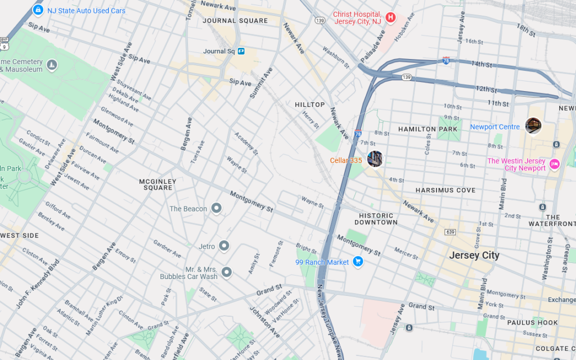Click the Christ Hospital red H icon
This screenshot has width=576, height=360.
click(x=390, y=17)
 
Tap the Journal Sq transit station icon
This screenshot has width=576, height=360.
click(x=241, y=51)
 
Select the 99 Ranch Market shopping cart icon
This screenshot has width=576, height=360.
click(x=358, y=262)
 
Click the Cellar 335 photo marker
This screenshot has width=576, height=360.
click(x=375, y=159)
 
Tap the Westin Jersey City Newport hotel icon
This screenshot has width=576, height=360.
click(x=555, y=164)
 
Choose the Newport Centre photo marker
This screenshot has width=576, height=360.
click(x=533, y=125)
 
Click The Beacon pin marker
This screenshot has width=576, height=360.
click(x=216, y=209)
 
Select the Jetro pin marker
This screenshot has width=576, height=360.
click(x=224, y=246)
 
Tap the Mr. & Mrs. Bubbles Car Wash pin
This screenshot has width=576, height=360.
click(x=227, y=272)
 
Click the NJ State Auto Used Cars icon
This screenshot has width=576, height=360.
click(x=38, y=10)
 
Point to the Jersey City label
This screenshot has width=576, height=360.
click(x=474, y=255)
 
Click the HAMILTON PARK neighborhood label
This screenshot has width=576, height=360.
click(x=428, y=129)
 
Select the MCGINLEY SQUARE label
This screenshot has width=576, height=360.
click(x=158, y=184)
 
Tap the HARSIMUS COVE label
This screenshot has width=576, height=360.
click(x=445, y=191)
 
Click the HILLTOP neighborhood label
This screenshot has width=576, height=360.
click(x=310, y=105)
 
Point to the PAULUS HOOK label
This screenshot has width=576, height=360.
click(x=532, y=323)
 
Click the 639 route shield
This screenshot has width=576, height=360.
click(x=449, y=232)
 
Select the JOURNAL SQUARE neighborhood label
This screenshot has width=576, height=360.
click(x=236, y=21)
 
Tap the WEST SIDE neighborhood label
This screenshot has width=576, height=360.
click(x=20, y=236)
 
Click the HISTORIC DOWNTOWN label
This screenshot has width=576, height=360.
click(x=376, y=219)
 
